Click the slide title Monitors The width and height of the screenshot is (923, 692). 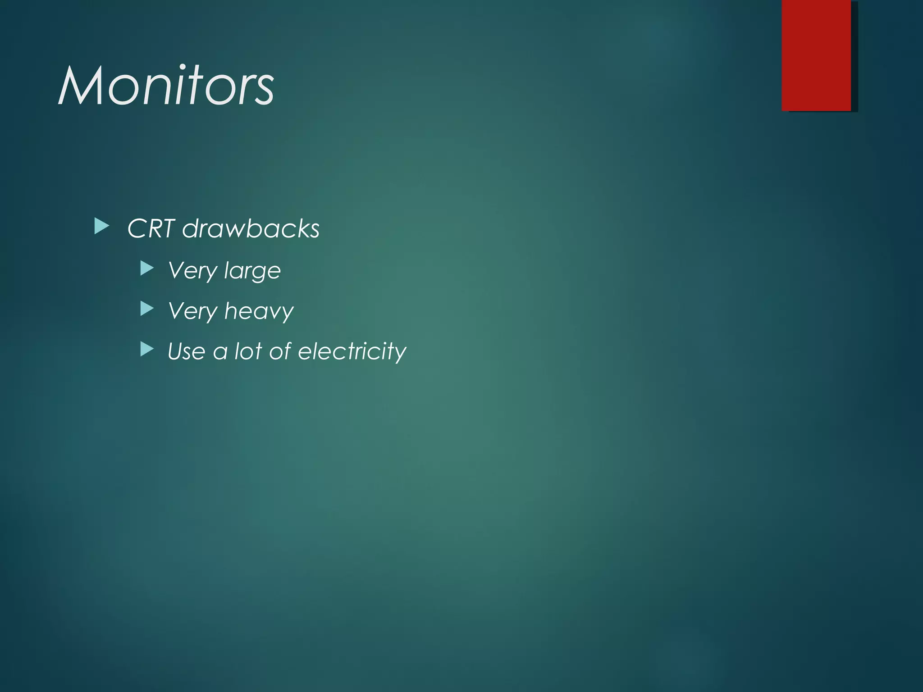pyautogui.click(x=166, y=86)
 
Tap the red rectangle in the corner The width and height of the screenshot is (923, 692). pyautogui.click(x=816, y=55)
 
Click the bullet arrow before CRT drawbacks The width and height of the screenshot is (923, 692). pyautogui.click(x=102, y=227)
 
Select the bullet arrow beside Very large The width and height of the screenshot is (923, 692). pyautogui.click(x=147, y=269)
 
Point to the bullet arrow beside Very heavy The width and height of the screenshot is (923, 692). pyautogui.click(x=147, y=309)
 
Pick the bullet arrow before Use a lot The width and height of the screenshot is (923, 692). pyautogui.click(x=147, y=349)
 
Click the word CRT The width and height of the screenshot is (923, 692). pyautogui.click(x=151, y=228)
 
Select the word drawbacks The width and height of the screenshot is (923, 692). pyautogui.click(x=251, y=228)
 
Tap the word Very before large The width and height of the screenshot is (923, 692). pyautogui.click(x=192, y=271)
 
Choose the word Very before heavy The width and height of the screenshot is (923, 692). pyautogui.click(x=192, y=311)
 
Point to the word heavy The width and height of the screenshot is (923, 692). pyautogui.click(x=259, y=311)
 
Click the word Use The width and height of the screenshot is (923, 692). pyautogui.click(x=186, y=351)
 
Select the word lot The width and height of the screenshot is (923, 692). pyautogui.click(x=248, y=351)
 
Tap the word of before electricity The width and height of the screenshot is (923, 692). pyautogui.click(x=280, y=351)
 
